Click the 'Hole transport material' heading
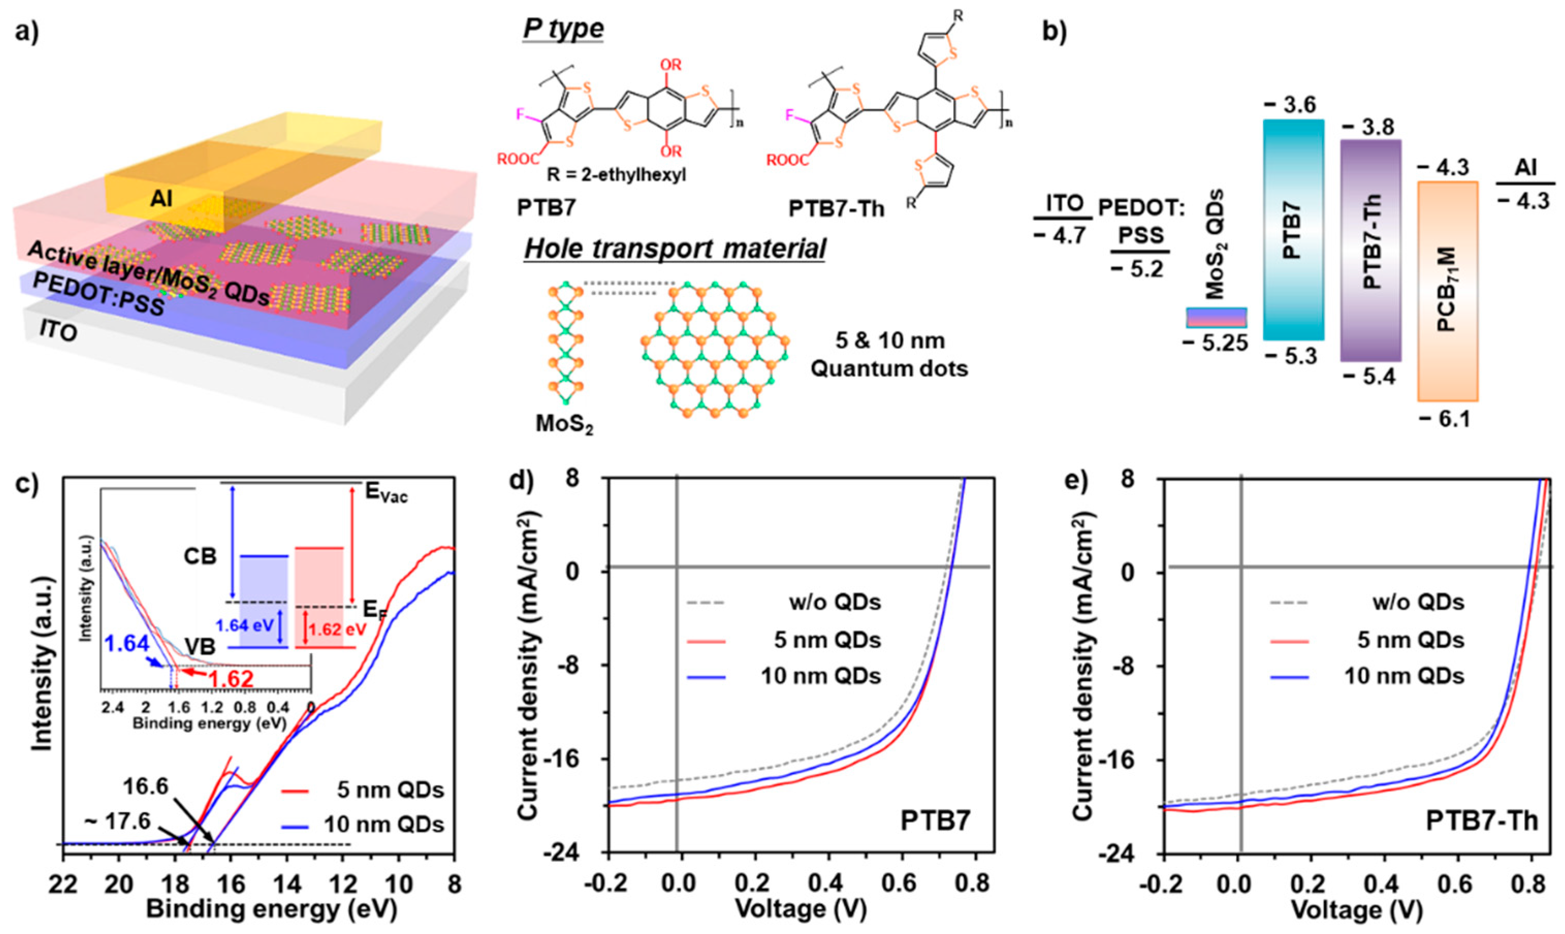(674, 249)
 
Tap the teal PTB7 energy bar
(1293, 230)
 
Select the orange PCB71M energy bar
(1447, 291)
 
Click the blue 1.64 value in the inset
(128, 645)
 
